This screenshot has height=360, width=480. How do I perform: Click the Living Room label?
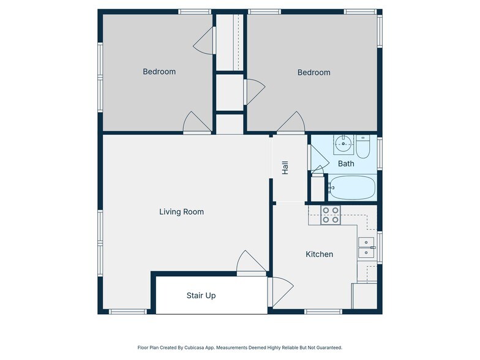pos(181,212)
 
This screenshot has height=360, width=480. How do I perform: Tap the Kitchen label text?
pos(320,254)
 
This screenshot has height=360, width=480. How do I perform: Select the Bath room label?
pos(346,163)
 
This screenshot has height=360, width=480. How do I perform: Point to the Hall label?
pos(285,168)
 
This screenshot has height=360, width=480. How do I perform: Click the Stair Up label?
pos(201,295)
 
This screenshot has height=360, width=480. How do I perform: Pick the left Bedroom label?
pos(159,72)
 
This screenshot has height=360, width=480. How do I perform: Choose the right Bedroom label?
pos(313,72)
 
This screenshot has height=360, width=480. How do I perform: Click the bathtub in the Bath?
pos(352,187)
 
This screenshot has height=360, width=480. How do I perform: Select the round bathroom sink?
pos(343,143)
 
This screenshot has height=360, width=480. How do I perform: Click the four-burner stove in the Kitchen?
pos(331,215)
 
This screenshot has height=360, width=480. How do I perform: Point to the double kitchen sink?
pos(366,247)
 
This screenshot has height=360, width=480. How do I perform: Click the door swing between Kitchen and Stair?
pos(280,291)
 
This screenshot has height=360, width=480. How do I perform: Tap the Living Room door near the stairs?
pos(251,262)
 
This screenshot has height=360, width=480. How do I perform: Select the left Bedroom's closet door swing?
pos(203,40)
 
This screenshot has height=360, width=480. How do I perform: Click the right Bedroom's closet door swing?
pos(255,92)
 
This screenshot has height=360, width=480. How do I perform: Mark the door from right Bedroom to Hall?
pos(291,122)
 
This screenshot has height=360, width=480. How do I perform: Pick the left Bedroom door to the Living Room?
pos(197,122)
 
